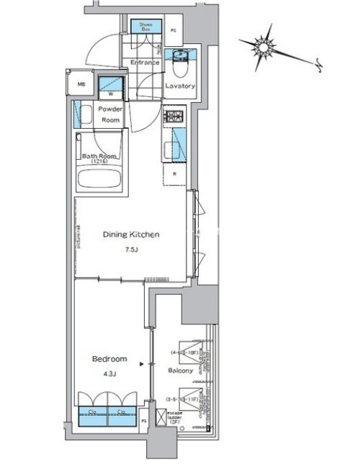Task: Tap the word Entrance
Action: pyautogui.click(x=144, y=63)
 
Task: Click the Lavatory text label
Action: pyautogui.click(x=180, y=86)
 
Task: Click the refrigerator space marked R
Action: pyautogui.click(x=175, y=173)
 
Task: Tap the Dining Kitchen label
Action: pyautogui.click(x=130, y=235)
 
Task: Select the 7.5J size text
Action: pyautogui.click(x=130, y=250)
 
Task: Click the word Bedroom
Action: pyautogui.click(x=109, y=358)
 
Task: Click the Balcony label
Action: pyautogui.click(x=179, y=371)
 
